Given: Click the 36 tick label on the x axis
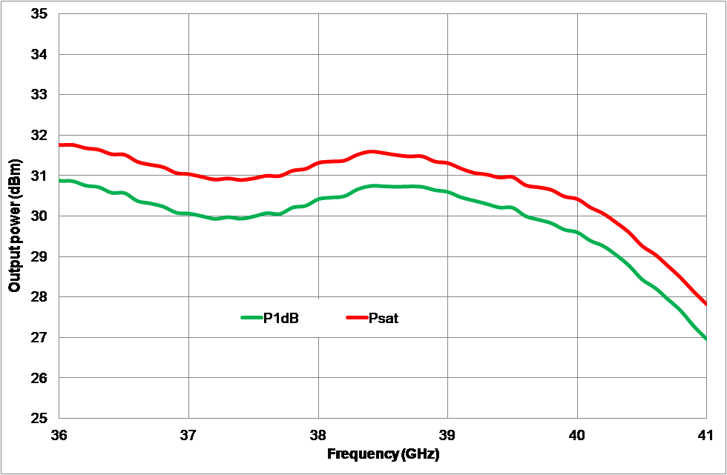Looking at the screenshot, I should tap(59, 434).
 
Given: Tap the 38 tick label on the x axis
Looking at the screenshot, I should tap(318, 434).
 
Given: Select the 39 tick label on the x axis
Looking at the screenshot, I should tap(448, 434).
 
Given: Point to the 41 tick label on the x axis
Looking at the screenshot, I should tap(705, 434).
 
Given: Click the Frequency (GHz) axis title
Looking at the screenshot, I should tap(383, 454).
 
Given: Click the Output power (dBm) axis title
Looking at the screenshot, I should tap(15, 216).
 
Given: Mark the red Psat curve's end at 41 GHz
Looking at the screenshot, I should tap(705, 304).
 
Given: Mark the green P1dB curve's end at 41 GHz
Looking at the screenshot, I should tap(705, 339).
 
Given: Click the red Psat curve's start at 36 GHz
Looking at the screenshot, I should tap(60, 145).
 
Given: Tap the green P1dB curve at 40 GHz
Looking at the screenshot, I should tap(577, 233).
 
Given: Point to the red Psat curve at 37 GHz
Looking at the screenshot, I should tap(189, 174).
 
